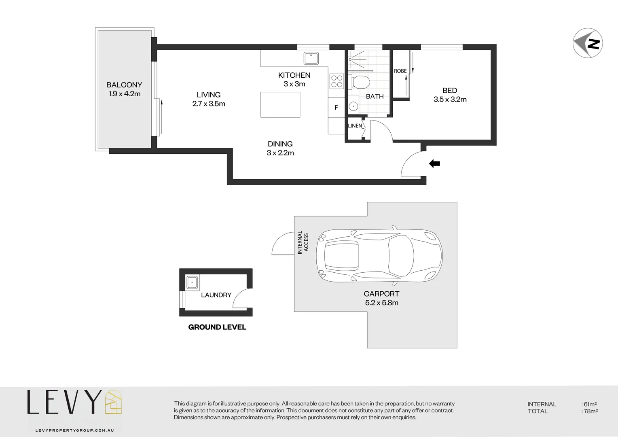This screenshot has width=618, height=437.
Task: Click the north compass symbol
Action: [x=588, y=43]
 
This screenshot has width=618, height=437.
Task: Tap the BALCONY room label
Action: [x=124, y=85]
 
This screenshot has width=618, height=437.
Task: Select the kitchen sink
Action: [x=311, y=58]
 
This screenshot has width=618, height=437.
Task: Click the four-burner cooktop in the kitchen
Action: [x=337, y=81]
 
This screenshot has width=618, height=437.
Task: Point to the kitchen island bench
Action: [x=280, y=105]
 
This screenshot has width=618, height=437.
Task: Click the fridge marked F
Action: [x=336, y=108]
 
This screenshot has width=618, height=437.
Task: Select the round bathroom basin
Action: [x=353, y=107]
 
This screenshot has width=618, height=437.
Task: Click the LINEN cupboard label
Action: [x=355, y=126]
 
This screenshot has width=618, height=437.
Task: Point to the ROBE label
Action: [x=400, y=71]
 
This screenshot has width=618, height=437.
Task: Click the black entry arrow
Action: [x=434, y=163]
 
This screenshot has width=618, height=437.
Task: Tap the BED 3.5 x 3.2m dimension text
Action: [x=450, y=100]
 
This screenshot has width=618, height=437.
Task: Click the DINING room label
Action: [x=280, y=144]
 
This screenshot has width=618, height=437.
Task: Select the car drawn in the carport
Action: [x=379, y=256]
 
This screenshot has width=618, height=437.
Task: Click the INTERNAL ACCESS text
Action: [x=303, y=242]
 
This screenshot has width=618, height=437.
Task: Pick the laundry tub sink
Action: [x=193, y=282]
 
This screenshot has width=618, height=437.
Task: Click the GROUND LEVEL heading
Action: [x=217, y=327]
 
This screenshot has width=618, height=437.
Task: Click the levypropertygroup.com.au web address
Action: [x=74, y=431]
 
